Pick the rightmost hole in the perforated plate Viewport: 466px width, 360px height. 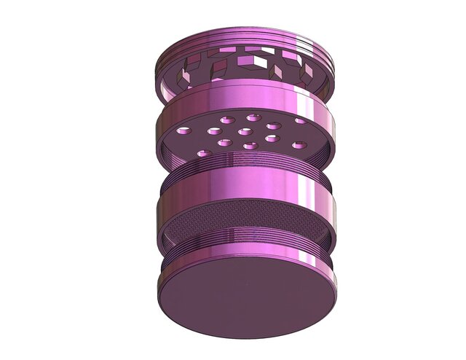coord(301,121)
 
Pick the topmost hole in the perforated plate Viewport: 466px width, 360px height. coord(253,117)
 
